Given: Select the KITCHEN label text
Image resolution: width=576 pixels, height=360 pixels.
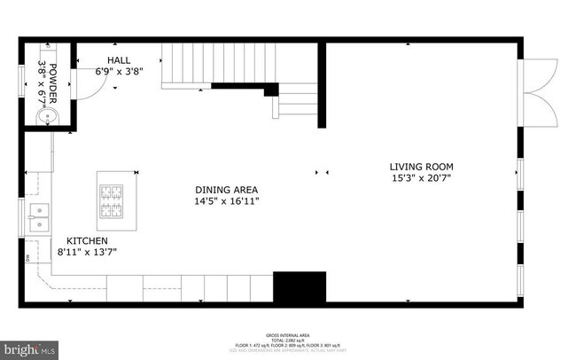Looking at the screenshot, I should pyautogui.click(x=86, y=240).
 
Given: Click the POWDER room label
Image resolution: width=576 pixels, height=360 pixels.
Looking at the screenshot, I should pyautogui.click(x=53, y=77).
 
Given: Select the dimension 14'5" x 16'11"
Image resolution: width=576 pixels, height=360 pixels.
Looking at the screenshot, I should pyautogui.click(x=227, y=201).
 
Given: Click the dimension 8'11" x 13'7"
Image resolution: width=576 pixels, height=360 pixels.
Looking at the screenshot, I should pyautogui.click(x=87, y=252).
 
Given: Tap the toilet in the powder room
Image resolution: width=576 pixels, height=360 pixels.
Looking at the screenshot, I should pyautogui.click(x=45, y=116).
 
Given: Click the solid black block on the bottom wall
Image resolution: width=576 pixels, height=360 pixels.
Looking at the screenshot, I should pyautogui.click(x=300, y=287).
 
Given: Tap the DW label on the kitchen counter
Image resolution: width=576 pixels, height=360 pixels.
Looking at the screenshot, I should pyautogui.click(x=28, y=259).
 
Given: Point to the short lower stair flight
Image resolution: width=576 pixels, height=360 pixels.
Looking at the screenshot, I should pyautogui.click(x=297, y=100).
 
